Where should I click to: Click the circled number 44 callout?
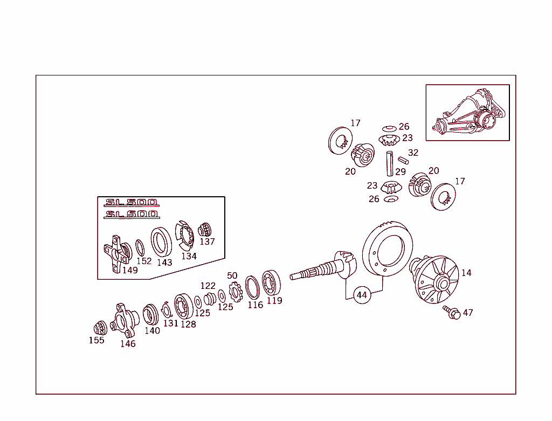(x=362, y=295)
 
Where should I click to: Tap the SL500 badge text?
(x=132, y=202)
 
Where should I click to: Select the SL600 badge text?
(x=132, y=214)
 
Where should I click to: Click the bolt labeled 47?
(x=452, y=312)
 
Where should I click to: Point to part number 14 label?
(x=466, y=273)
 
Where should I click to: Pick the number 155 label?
(x=96, y=340)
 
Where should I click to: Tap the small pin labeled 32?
(x=403, y=161)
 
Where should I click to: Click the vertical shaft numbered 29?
(x=389, y=163)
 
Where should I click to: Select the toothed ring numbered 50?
(x=236, y=292)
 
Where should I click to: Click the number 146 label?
(x=128, y=344)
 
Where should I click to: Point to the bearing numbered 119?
(x=272, y=282)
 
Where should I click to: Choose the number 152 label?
(x=144, y=261)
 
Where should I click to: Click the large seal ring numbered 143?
(x=161, y=241)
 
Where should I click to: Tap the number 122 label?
(x=208, y=286)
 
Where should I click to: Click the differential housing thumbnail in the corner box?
(x=467, y=112)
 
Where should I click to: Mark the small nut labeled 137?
(x=204, y=230)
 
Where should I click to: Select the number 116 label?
(x=255, y=305)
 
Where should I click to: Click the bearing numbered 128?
(x=184, y=306)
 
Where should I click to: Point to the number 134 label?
(x=189, y=256)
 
